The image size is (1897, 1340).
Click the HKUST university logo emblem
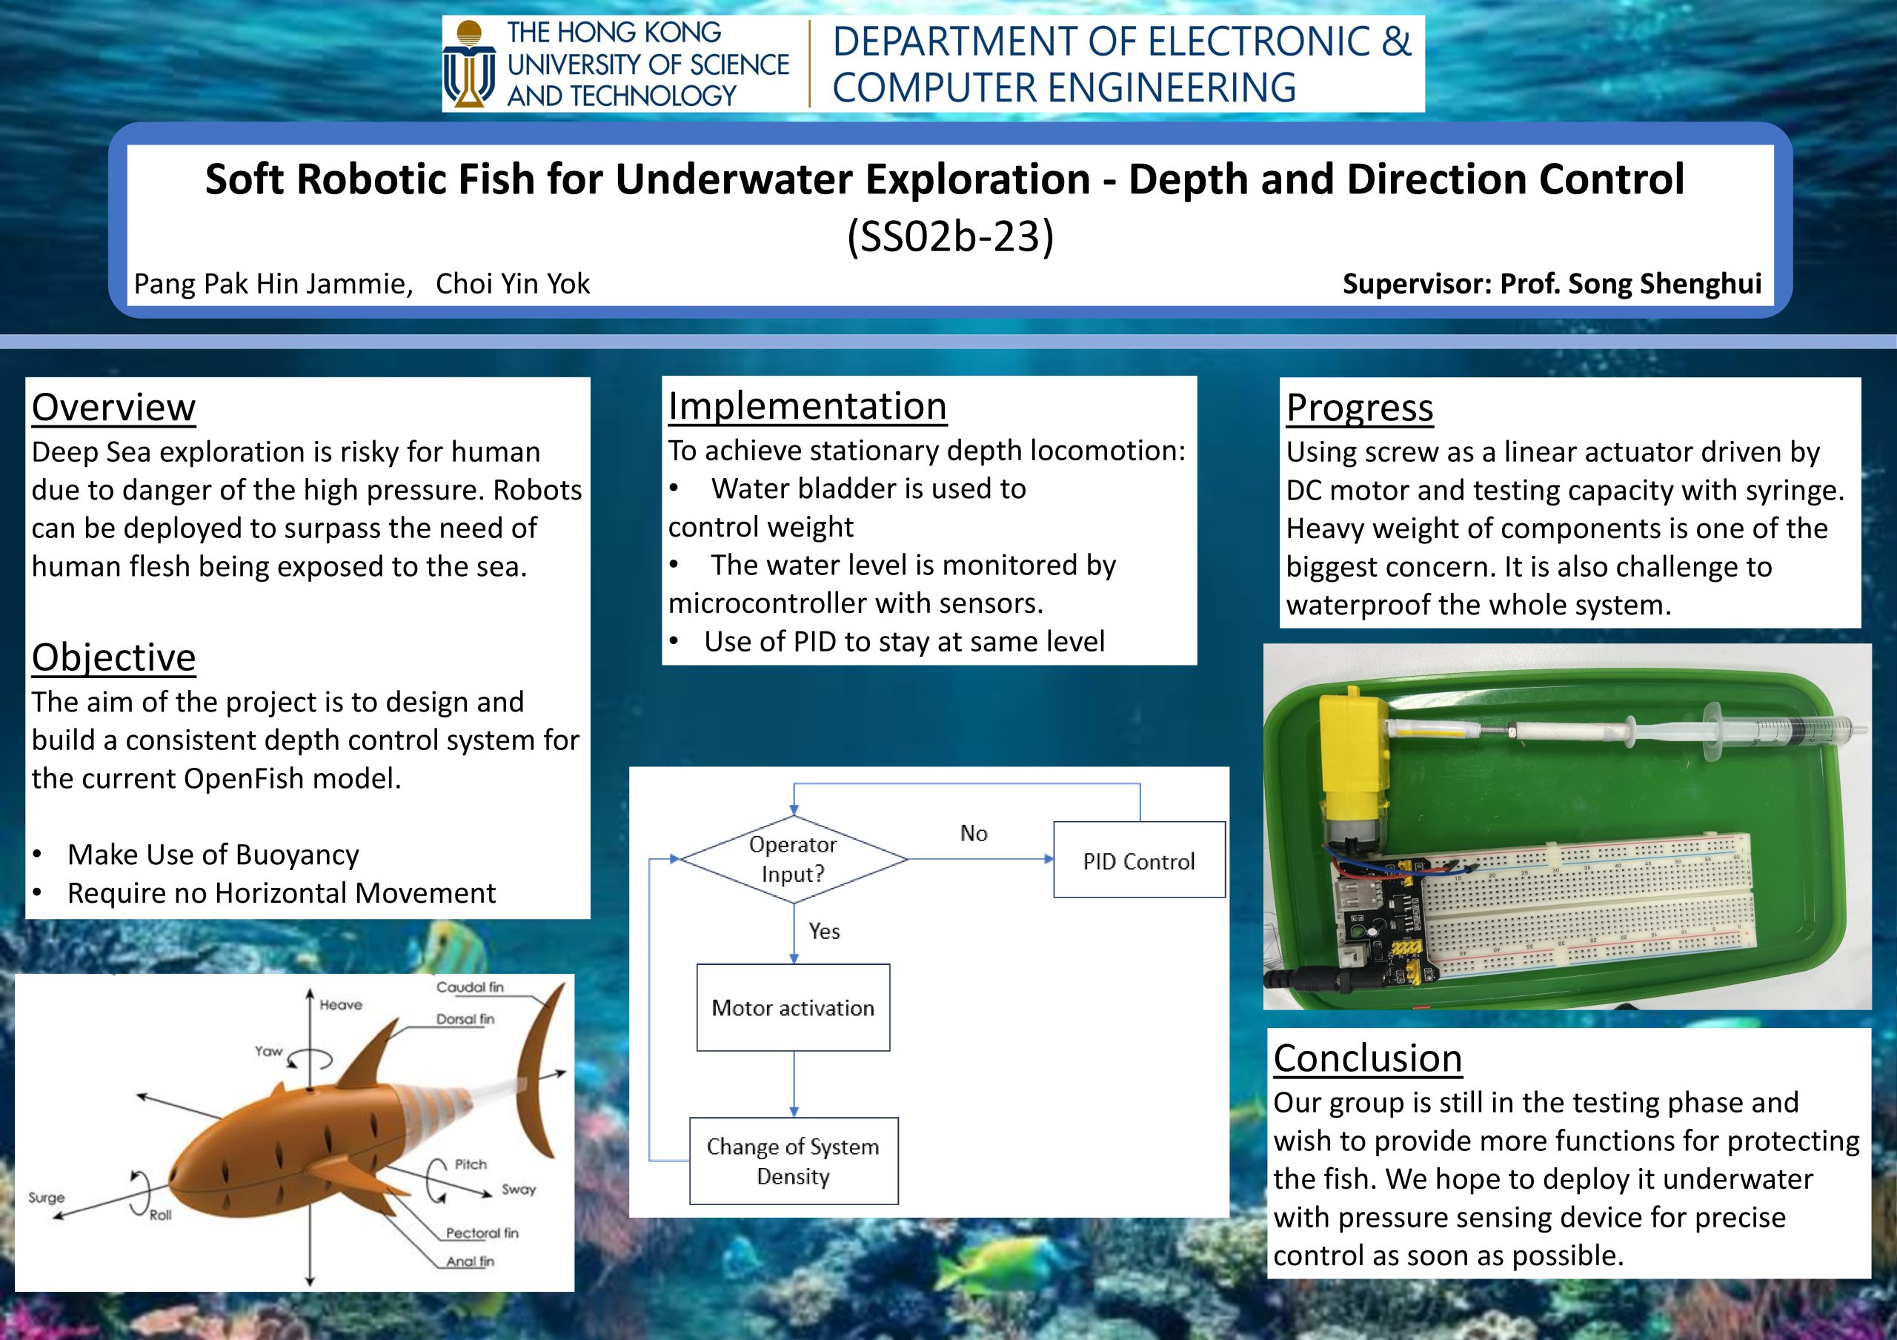(x=468, y=64)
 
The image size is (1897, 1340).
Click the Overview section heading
(x=114, y=408)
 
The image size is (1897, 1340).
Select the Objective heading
(x=114, y=657)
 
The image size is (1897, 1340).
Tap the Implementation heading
(x=807, y=405)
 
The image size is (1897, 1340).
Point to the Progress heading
(x=1359, y=408)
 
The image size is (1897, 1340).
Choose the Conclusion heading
(x=1367, y=1058)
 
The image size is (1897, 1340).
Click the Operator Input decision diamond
(x=793, y=859)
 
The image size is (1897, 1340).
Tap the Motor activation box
(x=793, y=1007)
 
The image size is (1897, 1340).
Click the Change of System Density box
(x=793, y=1161)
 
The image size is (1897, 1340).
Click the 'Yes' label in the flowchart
(x=825, y=931)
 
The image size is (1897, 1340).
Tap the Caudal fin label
(x=470, y=986)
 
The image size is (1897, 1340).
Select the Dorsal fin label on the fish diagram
(x=465, y=1018)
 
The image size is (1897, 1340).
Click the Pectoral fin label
(x=482, y=1233)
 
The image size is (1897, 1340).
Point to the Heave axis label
(x=341, y=1004)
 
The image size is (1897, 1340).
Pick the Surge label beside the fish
(x=46, y=1197)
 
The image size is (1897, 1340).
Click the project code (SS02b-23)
(x=950, y=237)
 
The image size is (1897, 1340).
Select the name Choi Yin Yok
(x=513, y=283)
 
